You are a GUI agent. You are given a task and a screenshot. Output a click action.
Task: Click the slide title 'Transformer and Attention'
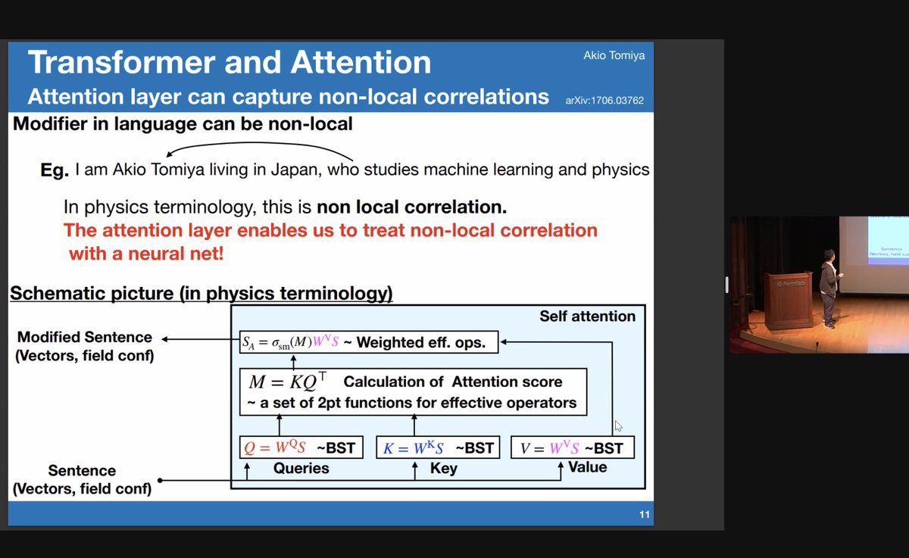pyautogui.click(x=229, y=62)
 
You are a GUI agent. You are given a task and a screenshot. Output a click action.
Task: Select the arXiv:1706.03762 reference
pyautogui.click(x=604, y=100)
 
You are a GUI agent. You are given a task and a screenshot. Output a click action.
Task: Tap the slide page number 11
pyautogui.click(x=644, y=515)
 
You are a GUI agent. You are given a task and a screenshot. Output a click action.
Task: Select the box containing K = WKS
pyautogui.click(x=438, y=448)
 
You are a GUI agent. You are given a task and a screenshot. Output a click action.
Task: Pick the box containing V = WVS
pyautogui.click(x=572, y=448)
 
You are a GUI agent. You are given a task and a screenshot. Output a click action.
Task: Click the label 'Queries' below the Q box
pyautogui.click(x=301, y=469)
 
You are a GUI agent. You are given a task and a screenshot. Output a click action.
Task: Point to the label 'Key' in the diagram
pyautogui.click(x=443, y=469)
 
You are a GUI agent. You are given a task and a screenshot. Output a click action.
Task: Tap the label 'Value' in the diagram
pyautogui.click(x=587, y=467)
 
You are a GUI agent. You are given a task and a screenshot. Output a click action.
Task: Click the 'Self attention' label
pyautogui.click(x=587, y=316)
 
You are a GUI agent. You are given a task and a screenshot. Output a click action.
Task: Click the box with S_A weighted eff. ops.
pyautogui.click(x=368, y=343)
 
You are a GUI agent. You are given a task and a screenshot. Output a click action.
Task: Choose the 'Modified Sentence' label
pyautogui.click(x=84, y=337)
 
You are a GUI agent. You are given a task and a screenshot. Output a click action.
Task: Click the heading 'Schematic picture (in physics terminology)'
pyautogui.click(x=201, y=293)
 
